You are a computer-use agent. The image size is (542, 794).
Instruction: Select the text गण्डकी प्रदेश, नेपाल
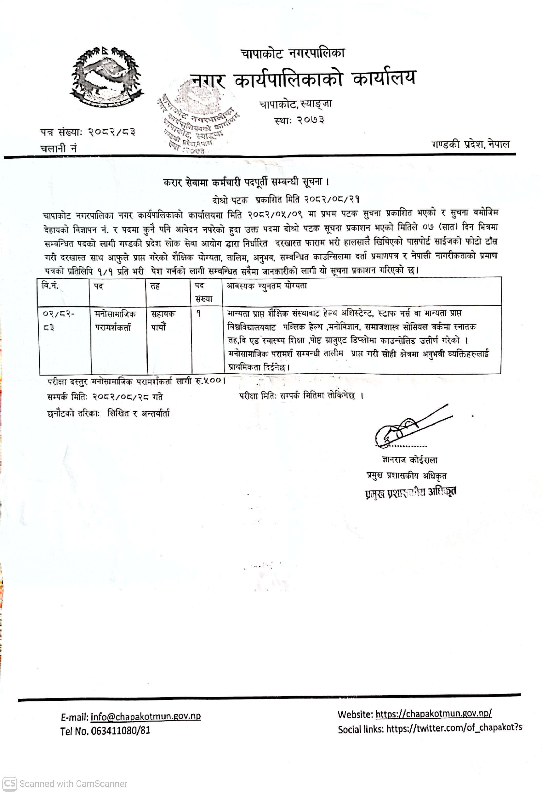[x=470, y=144]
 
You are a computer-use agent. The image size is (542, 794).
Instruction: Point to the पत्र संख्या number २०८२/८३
[x=112, y=132]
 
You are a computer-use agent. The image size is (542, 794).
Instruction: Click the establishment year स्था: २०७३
[x=299, y=120]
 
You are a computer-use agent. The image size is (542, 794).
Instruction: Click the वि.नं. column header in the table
[x=50, y=286]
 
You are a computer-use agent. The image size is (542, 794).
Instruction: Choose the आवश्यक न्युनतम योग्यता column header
[x=267, y=286]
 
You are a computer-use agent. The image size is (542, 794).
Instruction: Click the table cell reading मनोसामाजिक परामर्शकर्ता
[x=115, y=320]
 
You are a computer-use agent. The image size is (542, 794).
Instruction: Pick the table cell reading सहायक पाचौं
[x=163, y=320]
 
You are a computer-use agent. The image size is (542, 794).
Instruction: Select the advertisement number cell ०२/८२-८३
[x=59, y=320]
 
